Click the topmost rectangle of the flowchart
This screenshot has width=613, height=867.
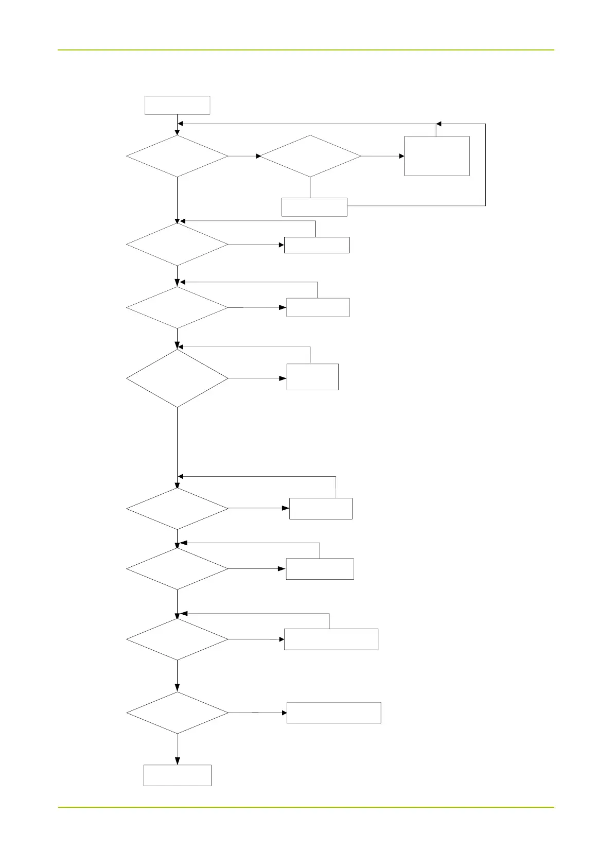tap(178, 105)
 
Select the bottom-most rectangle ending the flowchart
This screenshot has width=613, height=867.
tap(178, 775)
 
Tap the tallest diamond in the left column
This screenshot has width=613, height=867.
tap(178, 378)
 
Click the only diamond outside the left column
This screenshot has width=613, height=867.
tap(310, 156)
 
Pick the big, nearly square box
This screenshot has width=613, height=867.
tap(437, 156)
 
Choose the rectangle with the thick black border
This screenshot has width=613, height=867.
tap(317, 245)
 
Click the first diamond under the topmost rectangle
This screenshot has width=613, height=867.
tap(178, 156)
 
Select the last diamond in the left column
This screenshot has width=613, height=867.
tap(178, 713)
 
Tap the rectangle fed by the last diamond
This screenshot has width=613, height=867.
tap(334, 713)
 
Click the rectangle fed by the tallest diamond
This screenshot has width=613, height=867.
tap(312, 377)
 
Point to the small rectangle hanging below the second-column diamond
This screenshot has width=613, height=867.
tap(314, 207)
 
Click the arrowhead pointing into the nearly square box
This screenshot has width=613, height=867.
tap(401, 156)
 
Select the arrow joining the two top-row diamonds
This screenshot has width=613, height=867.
tap(244, 156)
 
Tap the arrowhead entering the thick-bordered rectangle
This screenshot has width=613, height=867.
tap(281, 245)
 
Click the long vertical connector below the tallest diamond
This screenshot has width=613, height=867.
tap(178, 443)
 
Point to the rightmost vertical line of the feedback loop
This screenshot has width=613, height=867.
tap(485, 165)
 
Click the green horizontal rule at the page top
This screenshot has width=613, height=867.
tap(306, 50)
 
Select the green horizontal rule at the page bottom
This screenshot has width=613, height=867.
tap(306, 807)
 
